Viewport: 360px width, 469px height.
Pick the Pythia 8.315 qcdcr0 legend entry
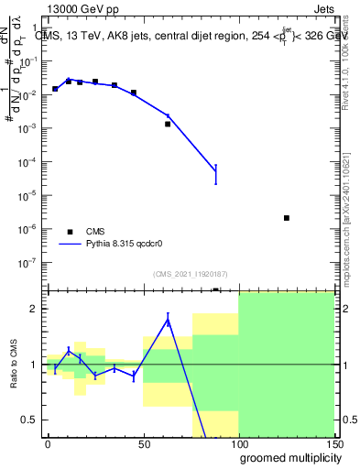click(x=115, y=245)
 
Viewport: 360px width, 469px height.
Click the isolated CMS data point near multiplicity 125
click(x=287, y=218)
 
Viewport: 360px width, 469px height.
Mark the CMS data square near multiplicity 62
click(x=168, y=124)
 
